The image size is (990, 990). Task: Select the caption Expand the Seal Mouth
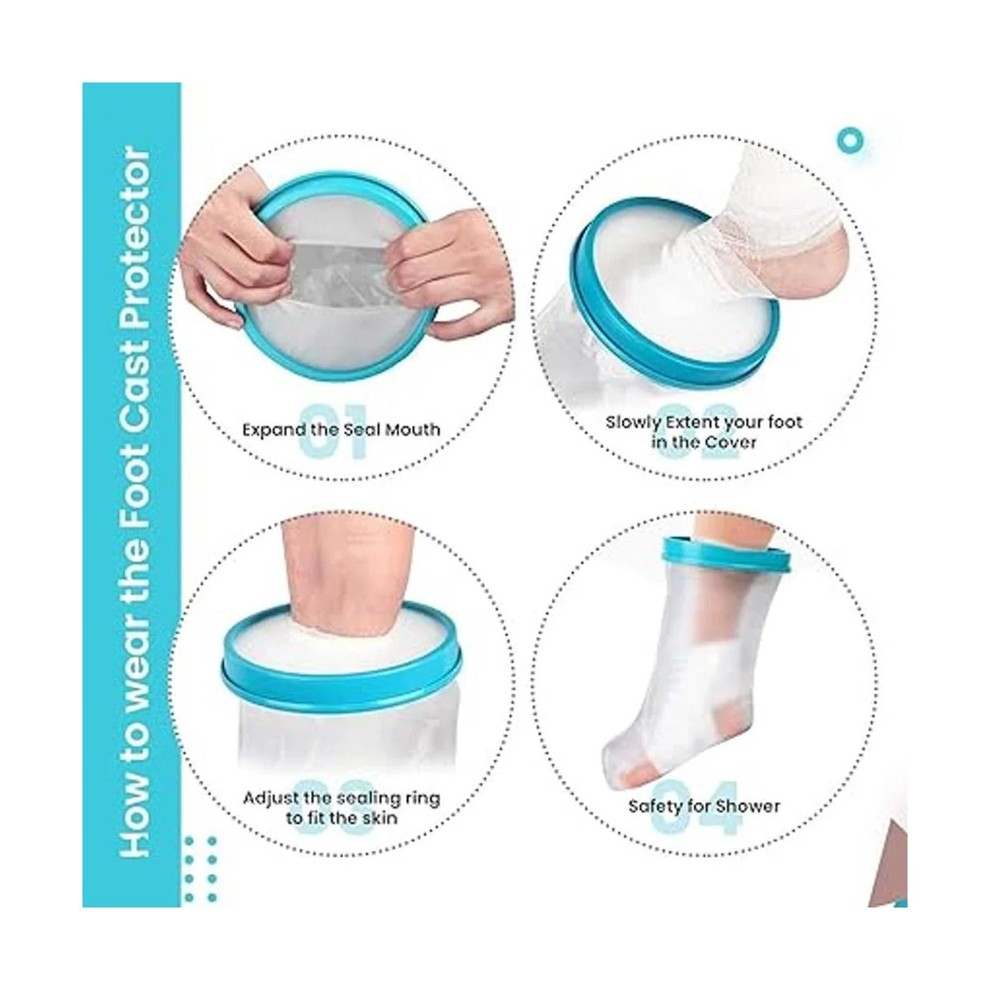click(341, 429)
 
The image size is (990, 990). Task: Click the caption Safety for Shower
click(704, 806)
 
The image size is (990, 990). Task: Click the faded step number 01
click(334, 431)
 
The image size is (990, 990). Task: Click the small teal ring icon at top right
click(851, 140)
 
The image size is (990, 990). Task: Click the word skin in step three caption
click(379, 818)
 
